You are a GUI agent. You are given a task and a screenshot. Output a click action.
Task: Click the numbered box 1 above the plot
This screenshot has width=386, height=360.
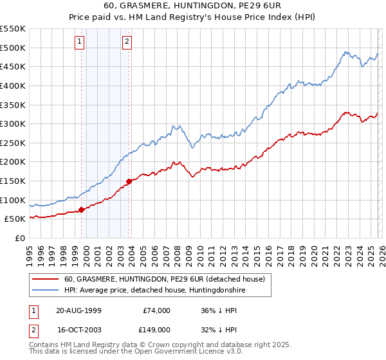coord(79,42)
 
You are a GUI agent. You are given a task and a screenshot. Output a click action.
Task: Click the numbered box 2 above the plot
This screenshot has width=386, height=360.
coord(127,42)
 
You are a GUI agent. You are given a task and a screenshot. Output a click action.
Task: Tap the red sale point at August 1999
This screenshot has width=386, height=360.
coord(82,210)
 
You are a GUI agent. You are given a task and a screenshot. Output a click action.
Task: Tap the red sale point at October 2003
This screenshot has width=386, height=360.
coord(129,181)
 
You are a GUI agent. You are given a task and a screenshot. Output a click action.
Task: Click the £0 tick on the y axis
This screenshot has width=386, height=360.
coord(21,238)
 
